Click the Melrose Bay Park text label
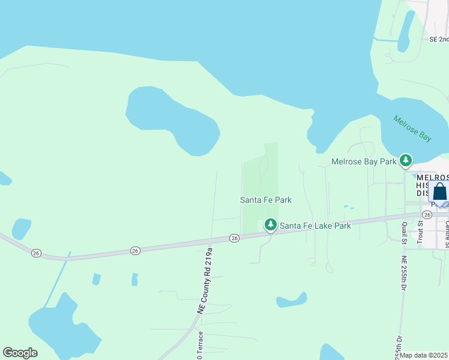click(364, 161)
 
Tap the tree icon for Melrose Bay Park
click(407, 160)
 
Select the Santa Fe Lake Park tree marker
click(271, 225)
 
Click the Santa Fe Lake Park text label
click(315, 226)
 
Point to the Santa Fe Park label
click(266, 200)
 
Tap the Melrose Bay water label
click(412, 128)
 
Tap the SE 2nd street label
click(439, 39)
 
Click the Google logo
click(20, 353)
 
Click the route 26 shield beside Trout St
click(427, 214)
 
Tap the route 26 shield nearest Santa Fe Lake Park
click(235, 238)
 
